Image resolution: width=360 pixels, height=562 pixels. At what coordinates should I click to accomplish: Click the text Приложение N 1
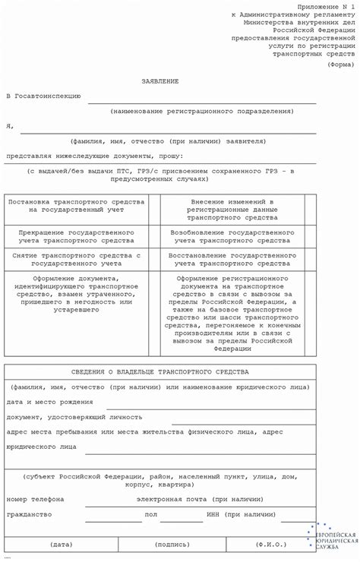pyautogui.click(x=320, y=6)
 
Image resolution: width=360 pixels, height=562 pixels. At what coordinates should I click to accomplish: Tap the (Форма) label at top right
pyautogui.click(x=339, y=65)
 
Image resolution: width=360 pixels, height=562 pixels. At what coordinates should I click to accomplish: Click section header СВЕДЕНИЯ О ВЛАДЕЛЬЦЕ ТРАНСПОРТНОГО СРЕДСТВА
pyautogui.click(x=159, y=372)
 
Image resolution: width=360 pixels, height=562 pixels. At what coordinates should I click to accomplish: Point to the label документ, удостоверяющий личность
pyautogui.click(x=74, y=417)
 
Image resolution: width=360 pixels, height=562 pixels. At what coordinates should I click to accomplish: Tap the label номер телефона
pyautogui.click(x=35, y=499)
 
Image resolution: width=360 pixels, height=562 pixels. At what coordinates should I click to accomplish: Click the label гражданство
pyautogui.click(x=29, y=514)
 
